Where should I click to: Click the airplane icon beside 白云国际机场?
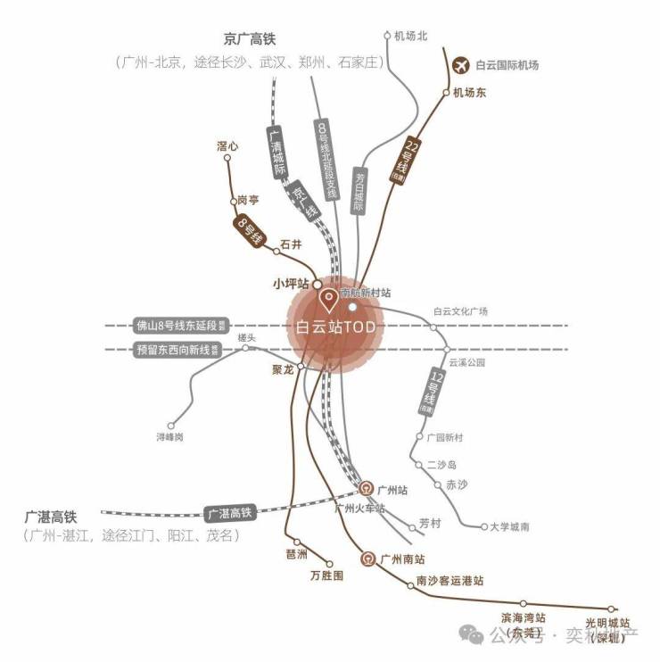coord(461,64)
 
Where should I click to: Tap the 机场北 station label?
coord(411,37)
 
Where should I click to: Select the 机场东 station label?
coord(470,92)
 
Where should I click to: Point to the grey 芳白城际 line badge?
coord(359,190)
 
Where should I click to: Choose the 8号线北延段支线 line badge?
coord(325,161)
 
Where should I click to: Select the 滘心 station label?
coord(227,145)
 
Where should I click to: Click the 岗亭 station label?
coord(248,201)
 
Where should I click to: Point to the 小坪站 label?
coord(290,283)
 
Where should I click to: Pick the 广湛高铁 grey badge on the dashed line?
coord(230,513)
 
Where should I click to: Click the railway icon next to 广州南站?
coord(366,559)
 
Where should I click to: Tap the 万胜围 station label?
coord(326,576)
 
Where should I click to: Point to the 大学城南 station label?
coord(510,527)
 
